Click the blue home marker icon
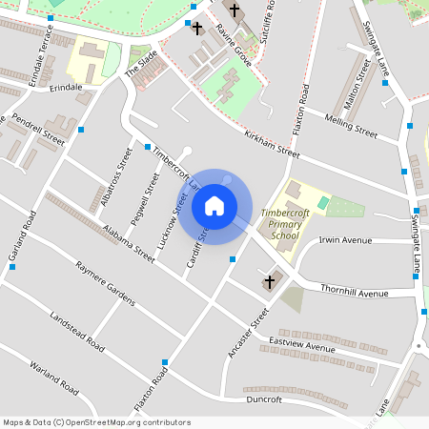tap(214, 206)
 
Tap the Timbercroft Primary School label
tap(272, 225)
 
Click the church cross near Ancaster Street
tap(270, 281)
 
